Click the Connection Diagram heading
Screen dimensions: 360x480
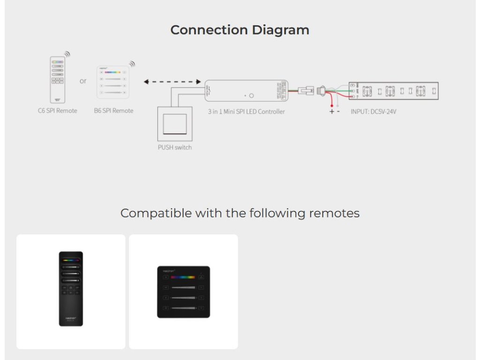240,30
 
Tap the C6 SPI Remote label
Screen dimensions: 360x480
58,111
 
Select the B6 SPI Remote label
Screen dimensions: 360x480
113,111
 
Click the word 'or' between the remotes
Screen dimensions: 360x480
83,81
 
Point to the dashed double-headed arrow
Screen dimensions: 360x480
172,82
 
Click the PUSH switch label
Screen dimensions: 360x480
174,147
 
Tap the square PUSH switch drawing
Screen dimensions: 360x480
174,123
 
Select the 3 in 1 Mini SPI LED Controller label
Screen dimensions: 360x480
246,112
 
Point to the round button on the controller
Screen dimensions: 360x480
251,96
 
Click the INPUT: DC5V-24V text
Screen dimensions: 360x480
374,112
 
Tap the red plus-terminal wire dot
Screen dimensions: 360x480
332,106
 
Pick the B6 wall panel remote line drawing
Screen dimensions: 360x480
112,82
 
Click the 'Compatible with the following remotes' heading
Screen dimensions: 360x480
240,213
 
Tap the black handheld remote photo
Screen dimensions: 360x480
71,289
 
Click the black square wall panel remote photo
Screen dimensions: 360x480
183,292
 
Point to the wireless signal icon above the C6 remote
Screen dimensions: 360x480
67,54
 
